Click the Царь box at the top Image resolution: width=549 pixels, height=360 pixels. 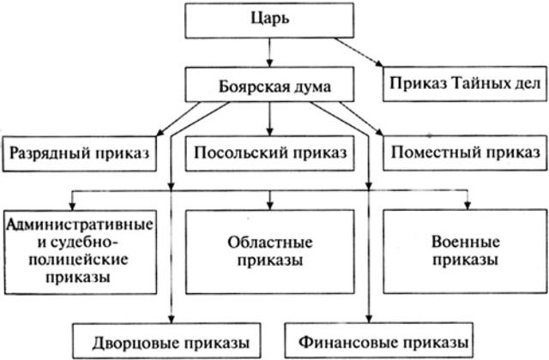point(269,20)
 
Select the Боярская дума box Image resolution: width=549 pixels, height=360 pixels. point(269,87)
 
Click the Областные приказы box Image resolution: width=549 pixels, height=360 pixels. point(271,248)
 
